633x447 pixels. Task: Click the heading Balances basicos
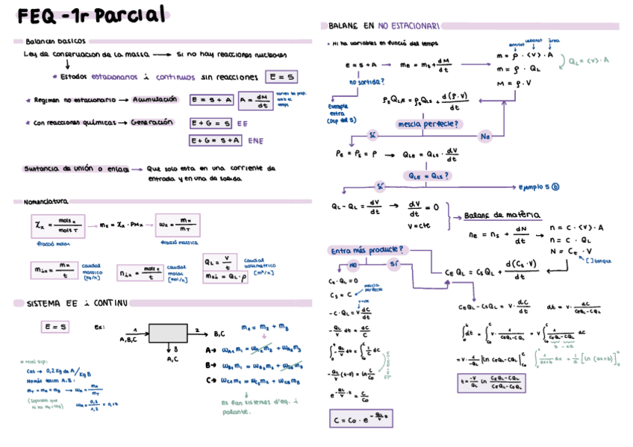pos(55,41)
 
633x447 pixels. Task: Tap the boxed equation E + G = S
pos(211,122)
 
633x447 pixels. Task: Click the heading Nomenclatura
pos(46,201)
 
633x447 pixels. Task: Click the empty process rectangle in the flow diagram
pos(168,333)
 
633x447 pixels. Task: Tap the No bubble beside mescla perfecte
pos(485,137)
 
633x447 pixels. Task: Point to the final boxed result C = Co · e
pos(361,419)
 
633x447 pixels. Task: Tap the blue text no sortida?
pos(366,81)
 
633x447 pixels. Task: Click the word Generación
pos(156,122)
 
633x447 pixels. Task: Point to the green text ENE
pos(255,140)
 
